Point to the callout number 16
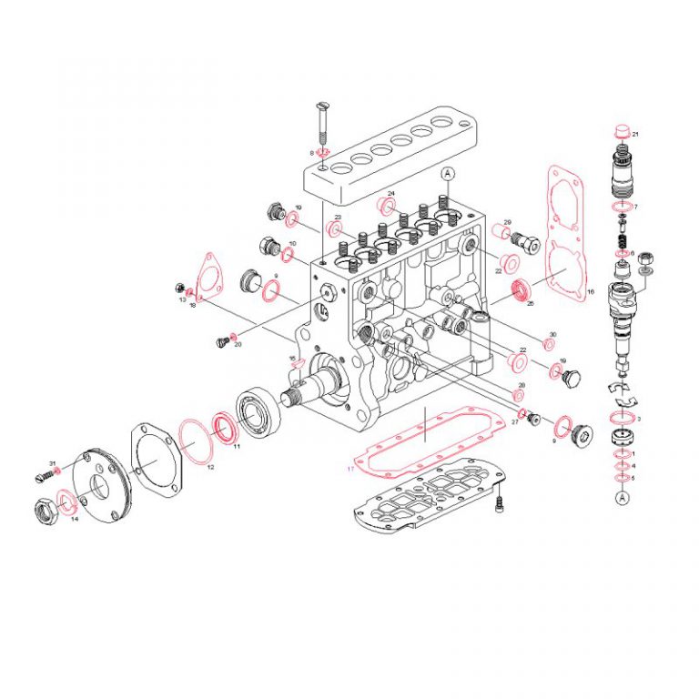[590, 292]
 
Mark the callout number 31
[53, 464]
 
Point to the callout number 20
[238, 345]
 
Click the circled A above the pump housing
[447, 173]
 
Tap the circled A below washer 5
[623, 497]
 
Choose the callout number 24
[390, 194]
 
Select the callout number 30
[552, 334]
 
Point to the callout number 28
[521, 386]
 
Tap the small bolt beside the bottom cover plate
[500, 500]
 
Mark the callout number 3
[639, 419]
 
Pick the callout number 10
[292, 243]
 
